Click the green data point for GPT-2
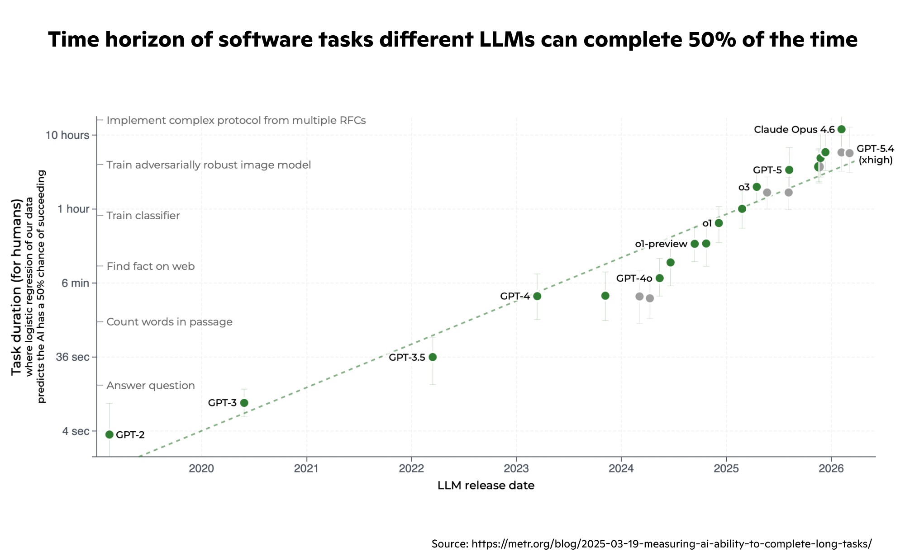(x=109, y=434)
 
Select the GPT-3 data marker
(x=244, y=403)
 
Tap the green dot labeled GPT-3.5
(x=433, y=357)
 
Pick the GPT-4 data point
(x=537, y=296)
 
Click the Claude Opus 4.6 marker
(x=841, y=129)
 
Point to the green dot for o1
(x=719, y=223)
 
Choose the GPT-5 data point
(x=789, y=170)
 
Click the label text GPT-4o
(x=634, y=278)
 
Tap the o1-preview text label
(x=661, y=244)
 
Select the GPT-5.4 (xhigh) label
(x=876, y=154)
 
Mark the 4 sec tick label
(x=76, y=431)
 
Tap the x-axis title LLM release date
(x=486, y=486)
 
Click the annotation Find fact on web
(x=151, y=266)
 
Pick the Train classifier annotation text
(x=143, y=216)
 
